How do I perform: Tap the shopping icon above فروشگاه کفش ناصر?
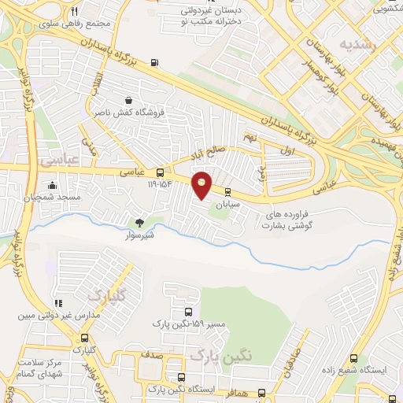pyautogui.click(x=128, y=100)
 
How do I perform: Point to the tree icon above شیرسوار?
pyautogui.click(x=140, y=223)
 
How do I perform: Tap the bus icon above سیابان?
pyautogui.click(x=228, y=191)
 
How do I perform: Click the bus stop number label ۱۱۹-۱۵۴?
pyautogui.click(x=161, y=185)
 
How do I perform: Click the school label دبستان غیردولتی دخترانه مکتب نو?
pyautogui.click(x=207, y=16)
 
